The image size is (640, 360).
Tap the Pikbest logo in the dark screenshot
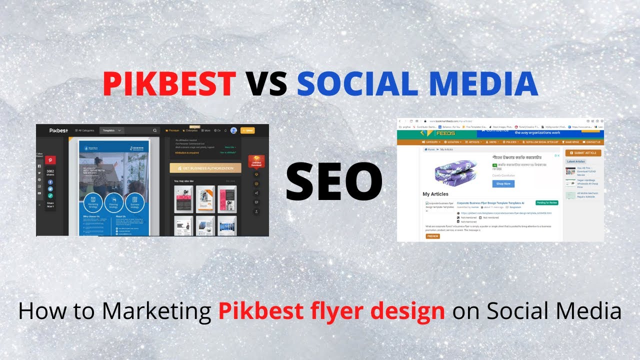tap(58, 130)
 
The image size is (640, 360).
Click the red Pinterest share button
tap(50, 160)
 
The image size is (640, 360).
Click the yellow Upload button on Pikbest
tap(247, 130)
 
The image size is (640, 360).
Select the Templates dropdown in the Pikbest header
tap(111, 130)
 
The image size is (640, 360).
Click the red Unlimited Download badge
tap(256, 162)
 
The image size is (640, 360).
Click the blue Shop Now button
tap(503, 183)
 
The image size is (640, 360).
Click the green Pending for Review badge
tap(546, 202)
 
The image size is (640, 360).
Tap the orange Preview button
tap(432, 236)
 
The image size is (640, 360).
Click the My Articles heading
tap(435, 194)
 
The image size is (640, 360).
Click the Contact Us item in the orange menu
tap(592, 142)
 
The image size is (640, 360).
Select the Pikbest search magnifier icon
tap(155, 130)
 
